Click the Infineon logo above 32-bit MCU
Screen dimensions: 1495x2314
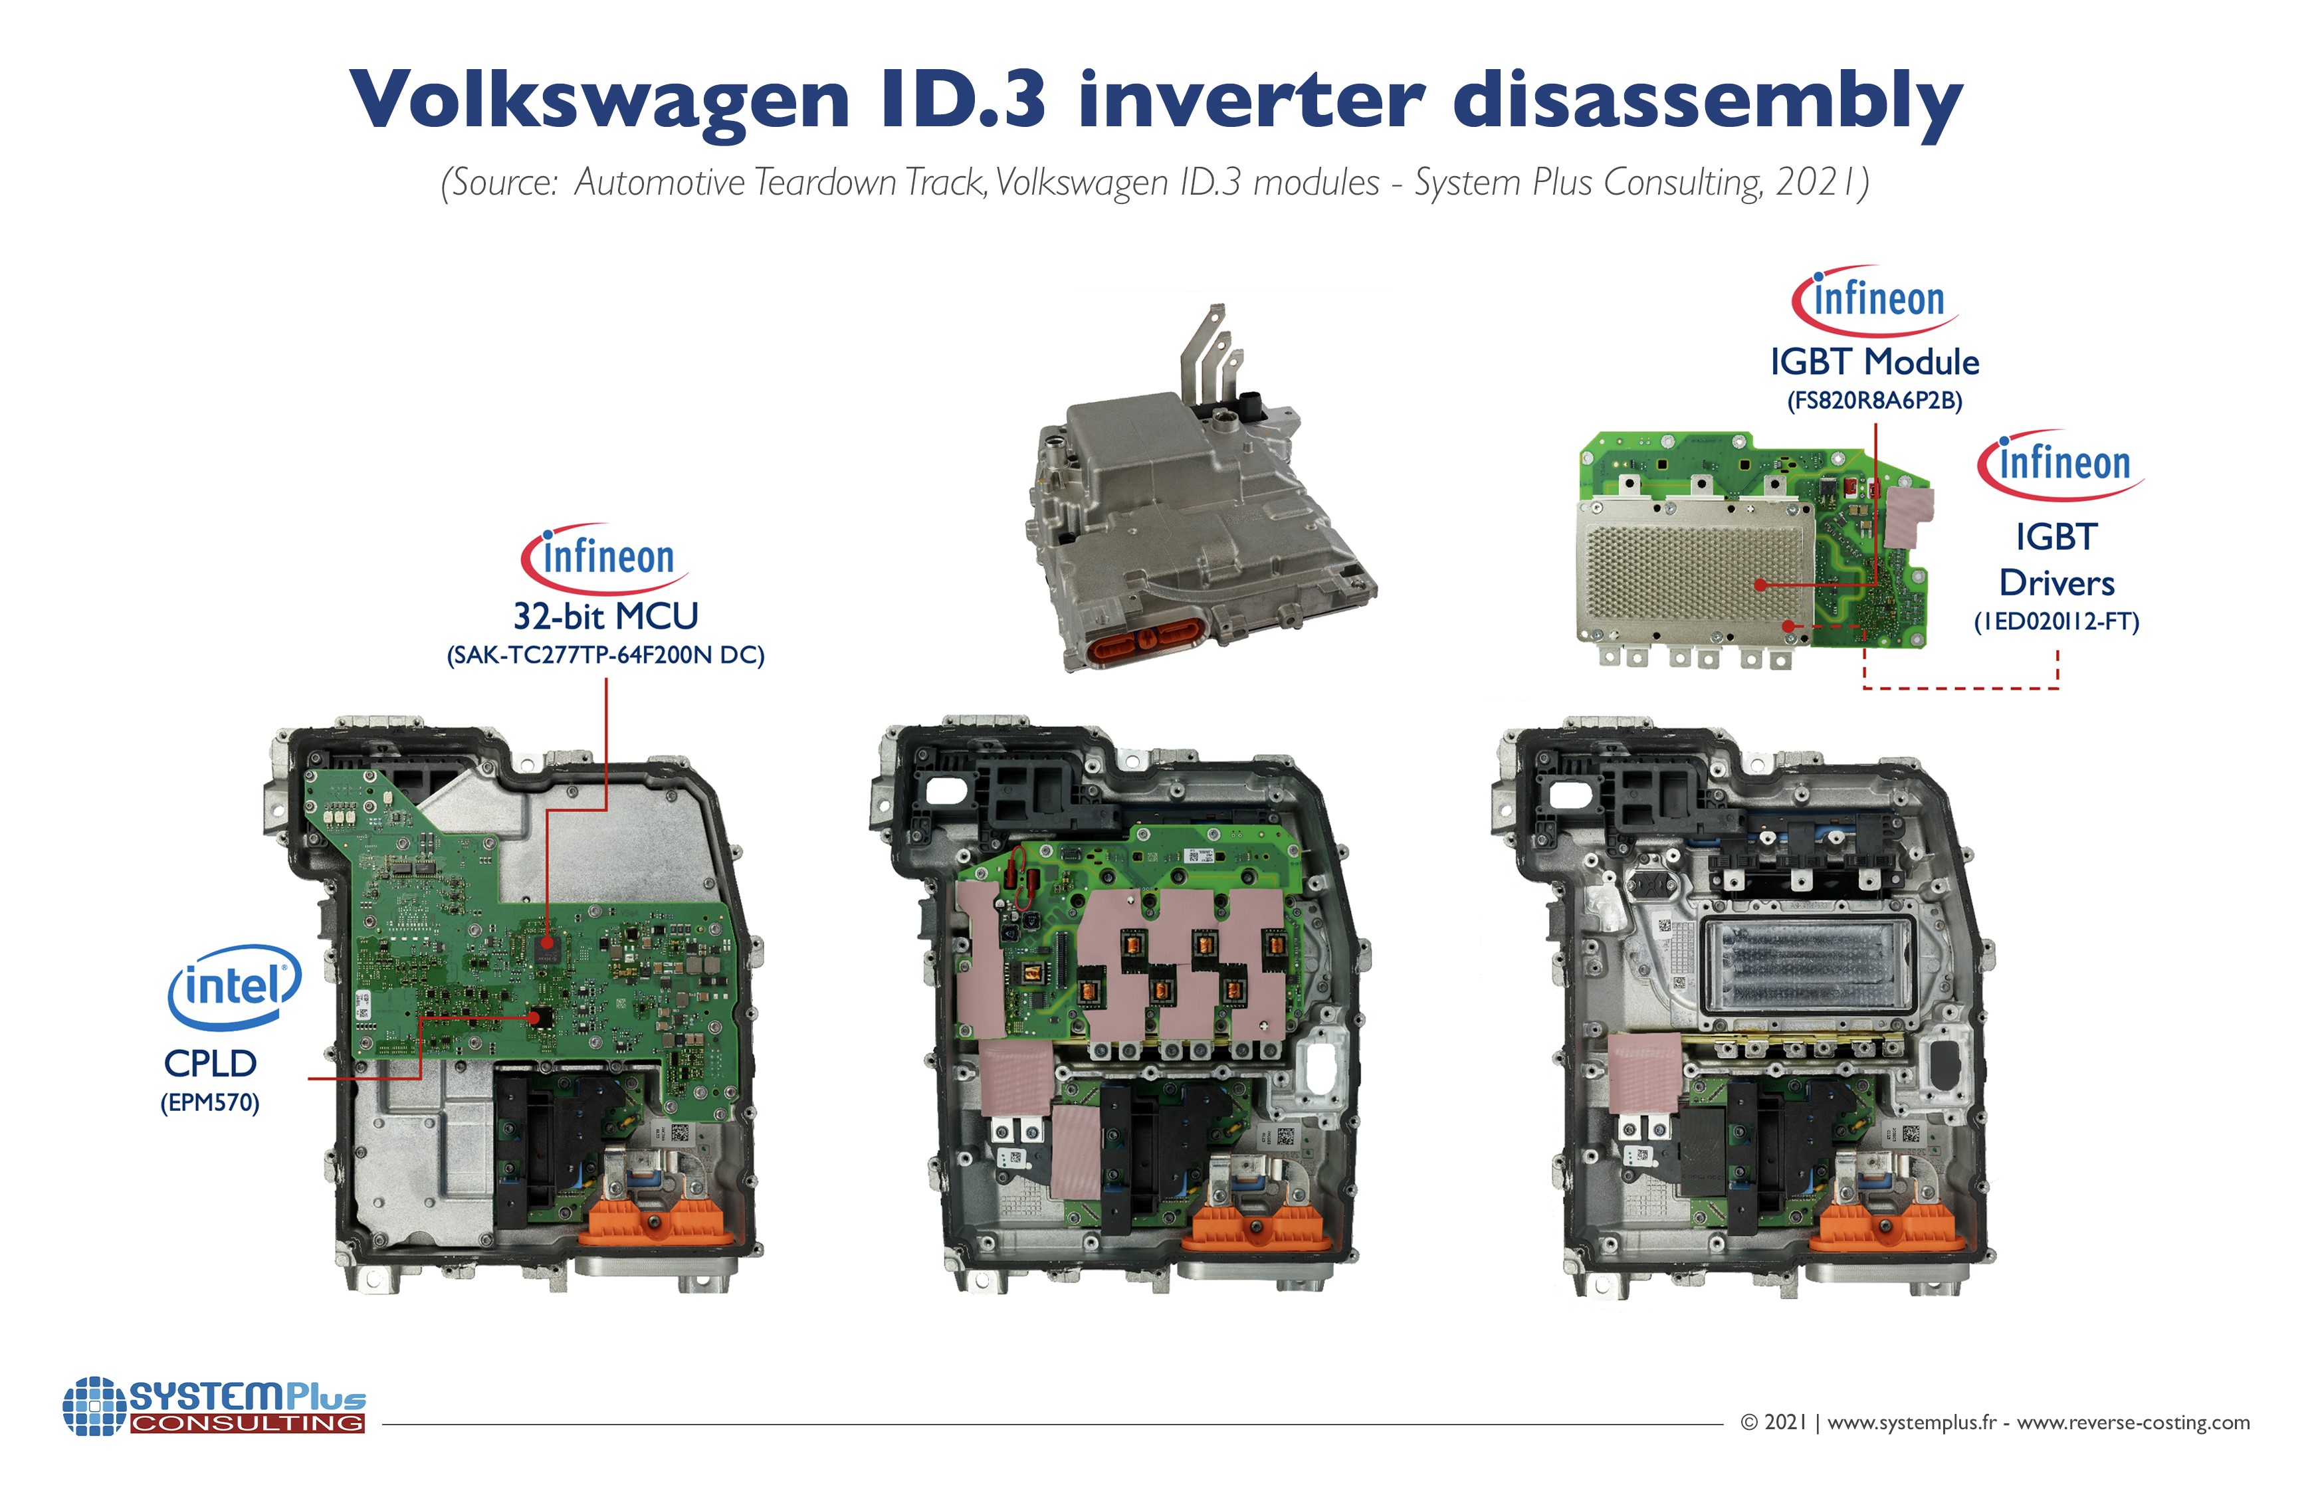[x=605, y=558]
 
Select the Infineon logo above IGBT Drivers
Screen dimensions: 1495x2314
[x=2061, y=464]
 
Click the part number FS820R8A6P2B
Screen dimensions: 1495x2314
[x=1874, y=401]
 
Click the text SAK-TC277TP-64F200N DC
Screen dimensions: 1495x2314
[x=605, y=655]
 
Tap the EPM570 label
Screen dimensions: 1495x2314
[x=209, y=1103]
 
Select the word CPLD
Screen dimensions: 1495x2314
[x=209, y=1064]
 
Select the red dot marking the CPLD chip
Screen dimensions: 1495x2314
[x=533, y=1017]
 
